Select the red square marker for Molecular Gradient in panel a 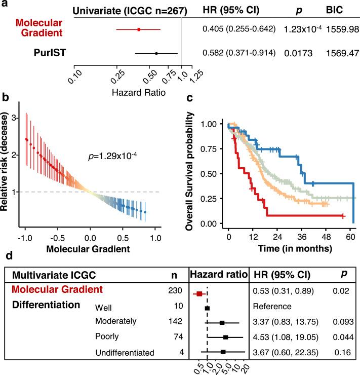139,29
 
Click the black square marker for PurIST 156,53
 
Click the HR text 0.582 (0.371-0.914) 238,53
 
